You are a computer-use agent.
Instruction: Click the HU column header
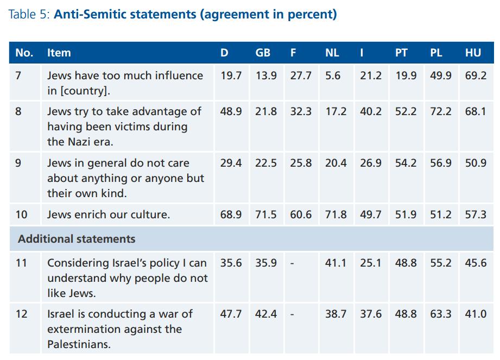point(473,53)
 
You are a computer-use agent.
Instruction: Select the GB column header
point(263,53)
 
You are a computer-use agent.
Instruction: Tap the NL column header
point(332,53)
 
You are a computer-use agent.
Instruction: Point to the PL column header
point(436,53)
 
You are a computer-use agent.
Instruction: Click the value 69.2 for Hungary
point(476,75)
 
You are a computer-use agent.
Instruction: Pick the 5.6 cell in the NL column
point(333,75)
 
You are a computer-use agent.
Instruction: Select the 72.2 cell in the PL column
point(441,111)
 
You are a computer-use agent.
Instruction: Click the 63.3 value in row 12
point(441,314)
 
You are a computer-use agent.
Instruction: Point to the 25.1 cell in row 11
point(371,263)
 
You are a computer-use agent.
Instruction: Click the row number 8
point(19,111)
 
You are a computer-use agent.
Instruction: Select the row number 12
point(21,314)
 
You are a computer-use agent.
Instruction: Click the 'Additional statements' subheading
point(77,239)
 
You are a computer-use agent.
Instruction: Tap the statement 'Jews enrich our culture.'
point(109,214)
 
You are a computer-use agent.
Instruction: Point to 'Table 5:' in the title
point(29,15)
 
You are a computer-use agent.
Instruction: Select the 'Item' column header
point(59,53)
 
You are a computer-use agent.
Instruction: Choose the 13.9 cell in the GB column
point(266,75)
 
